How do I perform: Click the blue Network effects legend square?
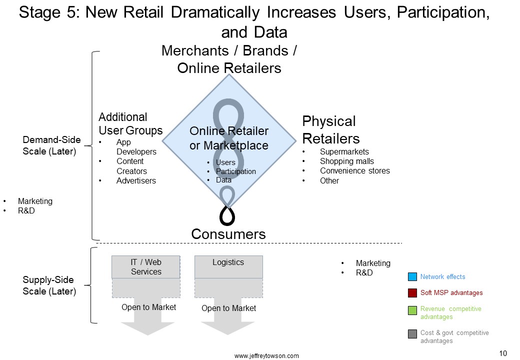[412, 276]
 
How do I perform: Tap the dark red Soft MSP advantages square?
[412, 292]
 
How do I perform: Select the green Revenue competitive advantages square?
[412, 310]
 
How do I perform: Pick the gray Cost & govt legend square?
[412, 334]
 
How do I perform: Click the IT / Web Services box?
[146, 267]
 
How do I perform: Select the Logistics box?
[228, 267]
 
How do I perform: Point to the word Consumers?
[228, 234]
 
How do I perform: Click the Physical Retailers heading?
[331, 129]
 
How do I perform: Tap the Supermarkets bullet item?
[344, 151]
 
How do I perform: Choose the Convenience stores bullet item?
[355, 170]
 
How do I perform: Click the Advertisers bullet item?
[136, 180]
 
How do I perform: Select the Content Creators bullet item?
[131, 166]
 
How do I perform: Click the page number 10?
[503, 353]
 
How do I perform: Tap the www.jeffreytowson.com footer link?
[266, 355]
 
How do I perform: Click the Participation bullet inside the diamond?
[236, 171]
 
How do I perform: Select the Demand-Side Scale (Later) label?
[51, 145]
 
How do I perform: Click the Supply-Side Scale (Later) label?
[49, 285]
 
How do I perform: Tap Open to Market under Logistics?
[228, 308]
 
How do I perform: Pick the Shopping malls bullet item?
[347, 161]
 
